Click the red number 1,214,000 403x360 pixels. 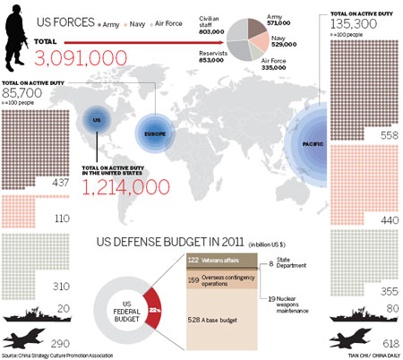pyautogui.click(x=125, y=187)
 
